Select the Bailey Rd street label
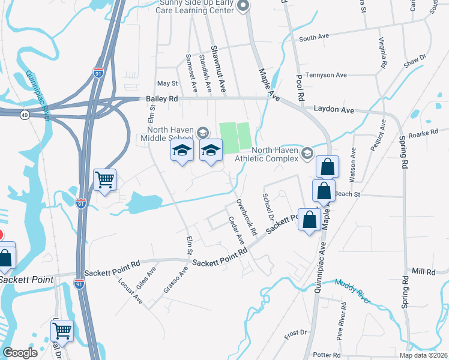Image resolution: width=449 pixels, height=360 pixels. [x=162, y=98]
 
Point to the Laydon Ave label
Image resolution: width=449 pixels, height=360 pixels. [x=334, y=110]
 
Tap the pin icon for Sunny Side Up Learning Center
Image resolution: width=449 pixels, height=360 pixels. [x=243, y=7]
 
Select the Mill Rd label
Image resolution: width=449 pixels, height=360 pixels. [x=423, y=272]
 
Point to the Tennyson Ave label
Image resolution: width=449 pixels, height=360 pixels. [x=327, y=75]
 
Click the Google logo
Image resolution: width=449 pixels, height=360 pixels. [x=20, y=353]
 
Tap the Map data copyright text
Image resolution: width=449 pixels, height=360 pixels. [x=423, y=355]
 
